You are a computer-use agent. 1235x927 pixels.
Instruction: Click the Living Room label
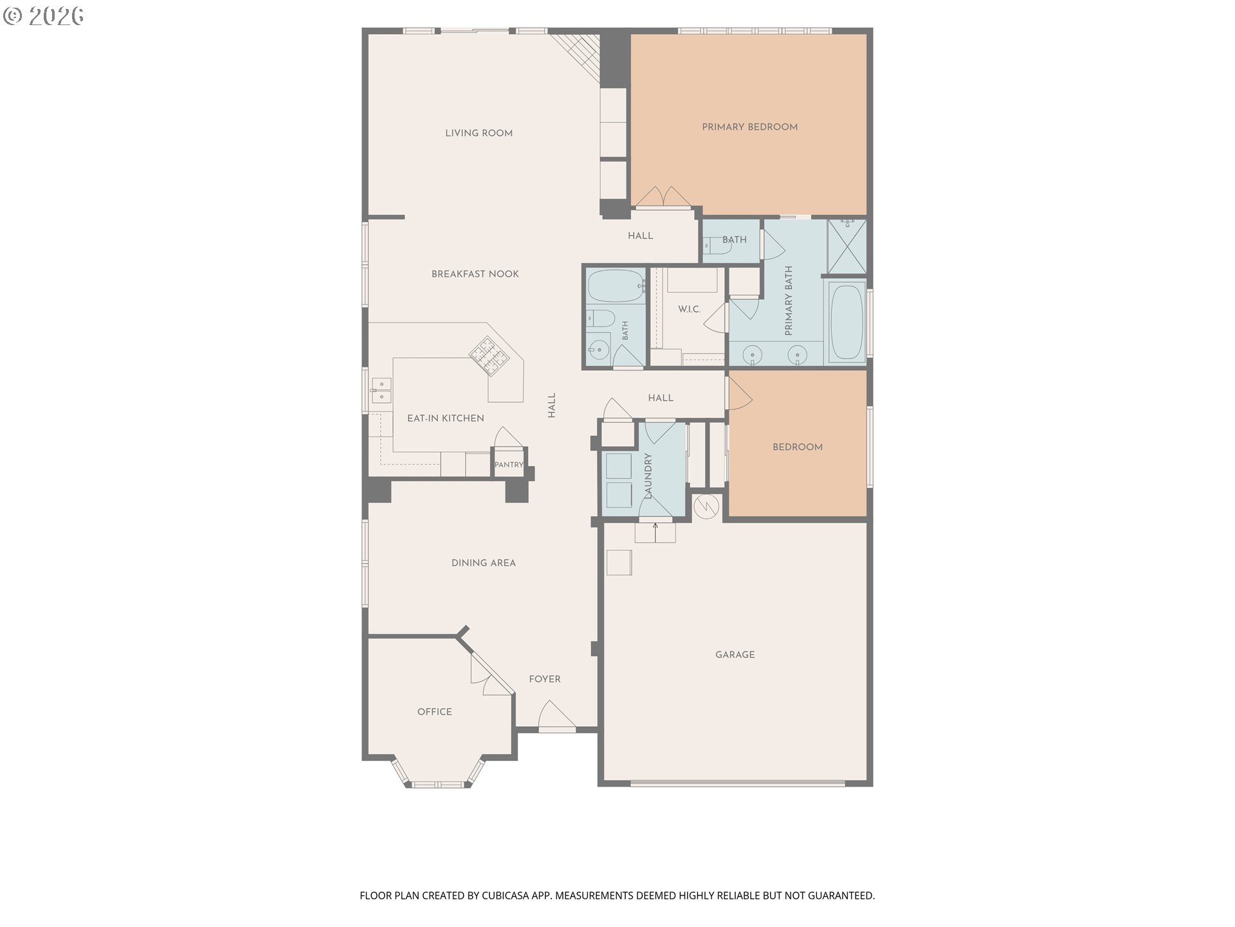tap(479, 133)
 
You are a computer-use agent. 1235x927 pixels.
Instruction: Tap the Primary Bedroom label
tap(749, 127)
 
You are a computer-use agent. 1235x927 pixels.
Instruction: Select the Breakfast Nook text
tap(475, 274)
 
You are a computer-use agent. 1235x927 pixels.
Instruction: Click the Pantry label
tap(509, 465)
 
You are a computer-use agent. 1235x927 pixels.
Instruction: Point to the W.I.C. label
tap(689, 310)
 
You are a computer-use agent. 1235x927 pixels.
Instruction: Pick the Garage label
tap(735, 655)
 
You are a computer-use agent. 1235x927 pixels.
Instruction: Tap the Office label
tap(434, 711)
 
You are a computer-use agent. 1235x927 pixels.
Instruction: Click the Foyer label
tap(544, 679)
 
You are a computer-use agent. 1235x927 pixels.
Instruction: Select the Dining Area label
tap(483, 563)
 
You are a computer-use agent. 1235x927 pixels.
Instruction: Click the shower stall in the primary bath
tap(846, 247)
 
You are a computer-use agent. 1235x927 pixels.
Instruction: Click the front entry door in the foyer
tap(556, 716)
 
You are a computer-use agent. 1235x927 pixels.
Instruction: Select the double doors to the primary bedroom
tap(663, 198)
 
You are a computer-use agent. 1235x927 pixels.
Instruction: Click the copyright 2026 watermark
tap(44, 16)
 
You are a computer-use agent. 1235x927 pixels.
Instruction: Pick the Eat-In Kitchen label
tap(445, 418)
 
